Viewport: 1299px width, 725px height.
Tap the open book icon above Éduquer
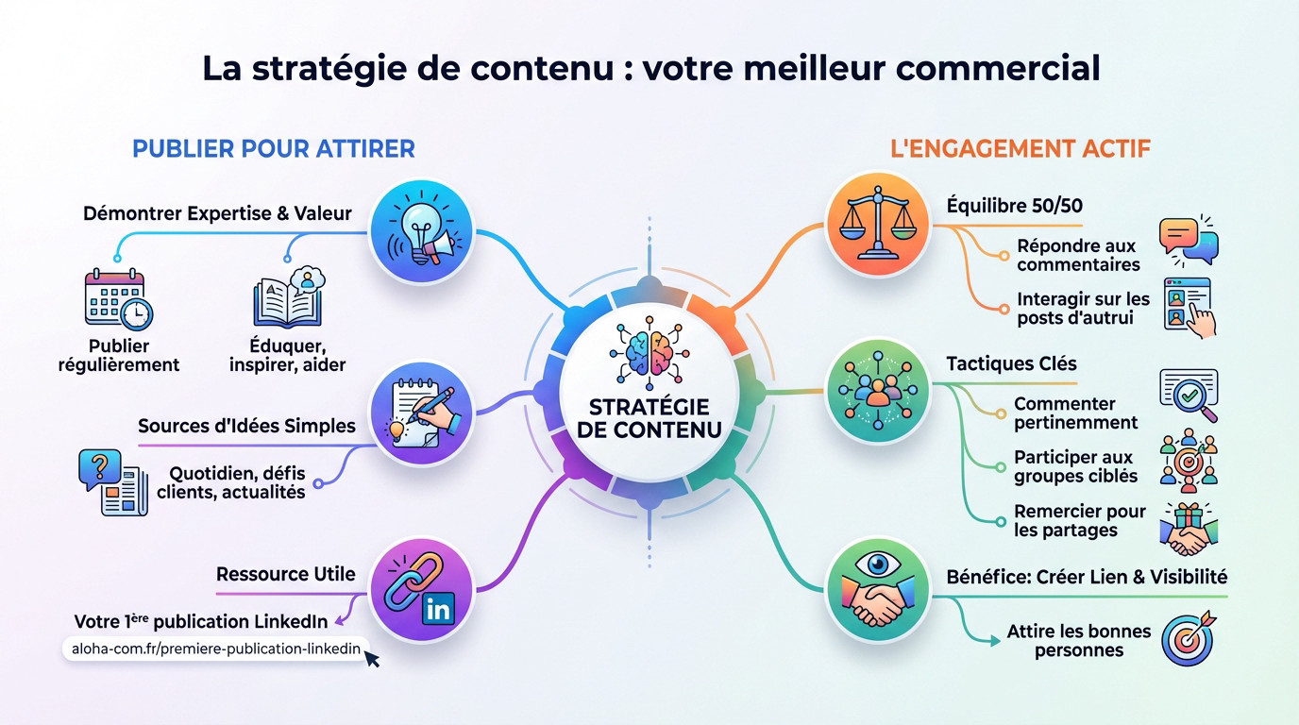coord(287,299)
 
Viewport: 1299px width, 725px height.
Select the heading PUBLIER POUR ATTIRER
coord(274,148)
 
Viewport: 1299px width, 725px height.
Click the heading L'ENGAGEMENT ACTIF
coord(1021,148)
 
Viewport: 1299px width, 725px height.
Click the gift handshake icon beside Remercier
coord(1189,529)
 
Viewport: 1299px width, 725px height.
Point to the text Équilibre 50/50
coord(1014,206)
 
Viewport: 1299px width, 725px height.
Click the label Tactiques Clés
coord(1011,363)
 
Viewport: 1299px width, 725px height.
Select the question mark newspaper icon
coord(112,481)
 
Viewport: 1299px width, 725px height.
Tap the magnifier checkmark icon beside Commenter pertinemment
coord(1189,395)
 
